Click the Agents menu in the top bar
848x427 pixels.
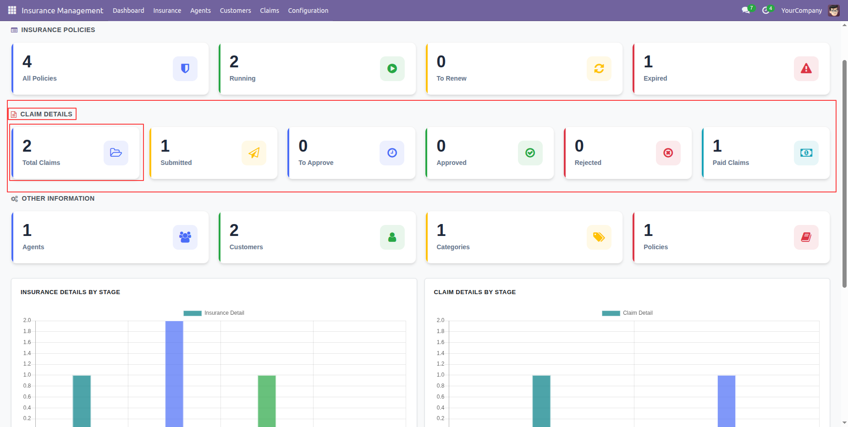(200, 11)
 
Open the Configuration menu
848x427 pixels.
(308, 11)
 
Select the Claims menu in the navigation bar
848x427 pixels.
(270, 11)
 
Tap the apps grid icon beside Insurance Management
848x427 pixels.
(12, 10)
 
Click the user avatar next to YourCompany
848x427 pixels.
(834, 11)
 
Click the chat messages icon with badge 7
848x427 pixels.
(746, 10)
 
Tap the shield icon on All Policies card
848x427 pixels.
(185, 69)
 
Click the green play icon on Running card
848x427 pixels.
(392, 69)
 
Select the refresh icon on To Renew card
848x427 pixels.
(599, 69)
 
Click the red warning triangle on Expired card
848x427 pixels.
(806, 69)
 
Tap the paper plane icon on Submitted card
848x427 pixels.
(254, 153)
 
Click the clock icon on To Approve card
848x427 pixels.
(392, 153)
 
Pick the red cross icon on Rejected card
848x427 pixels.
(668, 153)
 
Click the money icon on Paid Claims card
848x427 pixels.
(806, 153)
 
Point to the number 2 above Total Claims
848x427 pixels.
(27, 146)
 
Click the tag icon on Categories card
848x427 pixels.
(599, 237)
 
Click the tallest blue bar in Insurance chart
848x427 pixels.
(174, 374)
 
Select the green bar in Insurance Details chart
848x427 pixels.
(267, 401)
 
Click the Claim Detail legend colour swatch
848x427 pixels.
(611, 313)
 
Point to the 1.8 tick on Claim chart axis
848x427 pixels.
(441, 331)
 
